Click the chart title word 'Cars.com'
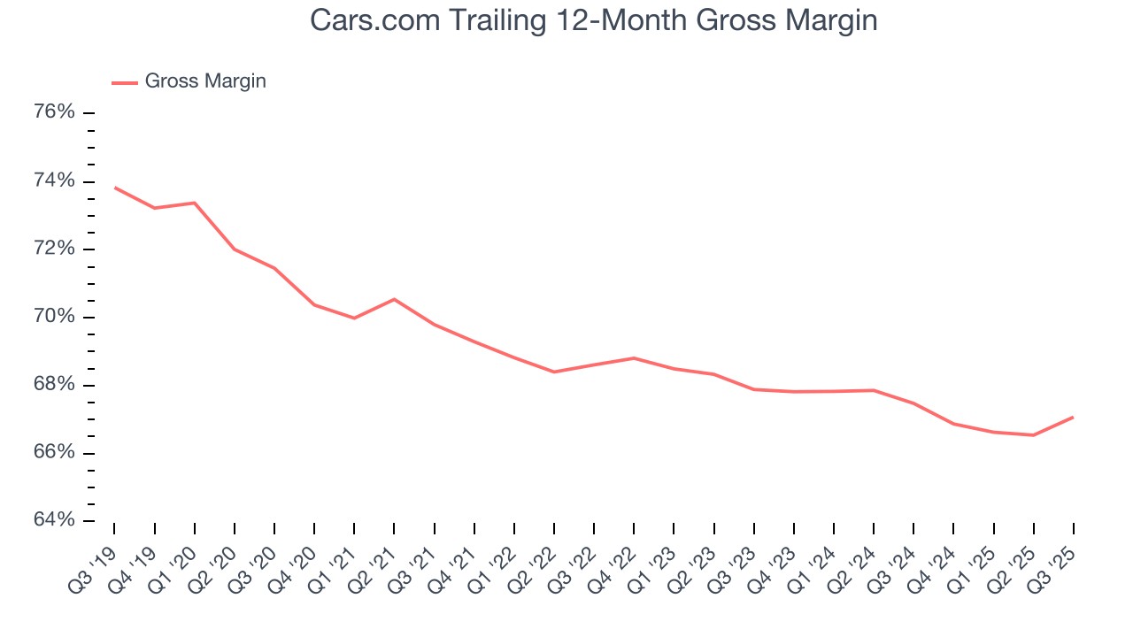point(366,20)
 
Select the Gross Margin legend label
point(205,81)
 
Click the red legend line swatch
point(125,82)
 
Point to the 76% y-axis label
point(54,112)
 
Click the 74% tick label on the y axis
point(54,180)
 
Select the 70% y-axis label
point(54,317)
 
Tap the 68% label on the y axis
point(54,385)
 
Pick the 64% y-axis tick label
point(54,520)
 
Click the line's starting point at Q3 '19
point(115,188)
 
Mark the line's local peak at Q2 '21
point(394,299)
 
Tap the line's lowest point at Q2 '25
point(1033,435)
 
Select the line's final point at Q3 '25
point(1073,417)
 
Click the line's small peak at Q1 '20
point(195,203)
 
